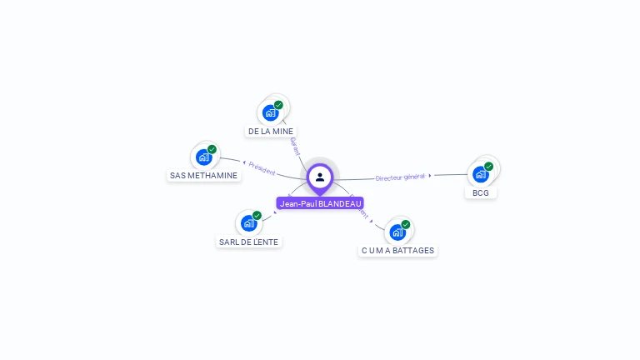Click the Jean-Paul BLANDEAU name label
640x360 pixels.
320,203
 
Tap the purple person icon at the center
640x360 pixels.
320,177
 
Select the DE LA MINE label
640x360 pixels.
271,132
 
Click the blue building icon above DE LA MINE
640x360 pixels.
270,112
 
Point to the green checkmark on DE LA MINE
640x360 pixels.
278,105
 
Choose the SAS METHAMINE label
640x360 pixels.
204,176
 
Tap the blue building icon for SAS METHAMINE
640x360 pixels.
203,157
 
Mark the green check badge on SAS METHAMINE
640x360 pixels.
212,149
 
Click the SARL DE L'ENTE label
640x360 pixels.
249,242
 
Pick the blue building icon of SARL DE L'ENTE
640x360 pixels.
248,223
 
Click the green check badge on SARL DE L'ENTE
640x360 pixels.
257,216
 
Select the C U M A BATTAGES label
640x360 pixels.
397,250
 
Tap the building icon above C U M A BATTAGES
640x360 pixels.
397,232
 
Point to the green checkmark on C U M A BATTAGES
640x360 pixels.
405,224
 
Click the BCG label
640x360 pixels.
480,192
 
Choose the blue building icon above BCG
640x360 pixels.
480,174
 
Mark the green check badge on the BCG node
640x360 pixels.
488,167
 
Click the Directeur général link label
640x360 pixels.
401,177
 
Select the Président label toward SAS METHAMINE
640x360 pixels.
262,167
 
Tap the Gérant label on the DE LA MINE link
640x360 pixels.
294,147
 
